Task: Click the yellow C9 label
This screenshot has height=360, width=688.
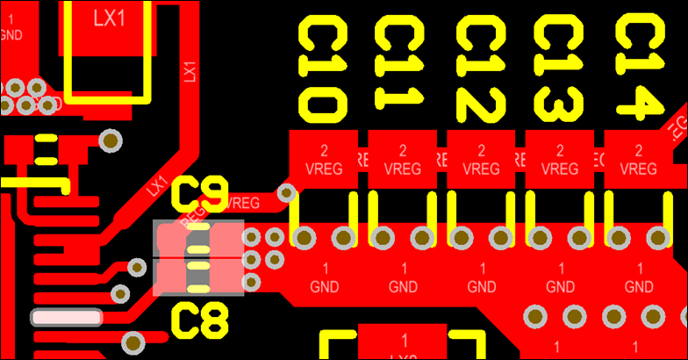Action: point(201,193)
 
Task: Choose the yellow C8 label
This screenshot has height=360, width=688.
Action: point(201,321)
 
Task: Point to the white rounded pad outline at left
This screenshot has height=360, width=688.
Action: point(67,318)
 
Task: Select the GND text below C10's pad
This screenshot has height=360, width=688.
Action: point(325,285)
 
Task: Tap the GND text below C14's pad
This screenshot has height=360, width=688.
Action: point(638,285)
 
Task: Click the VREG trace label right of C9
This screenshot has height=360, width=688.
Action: point(243,203)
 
